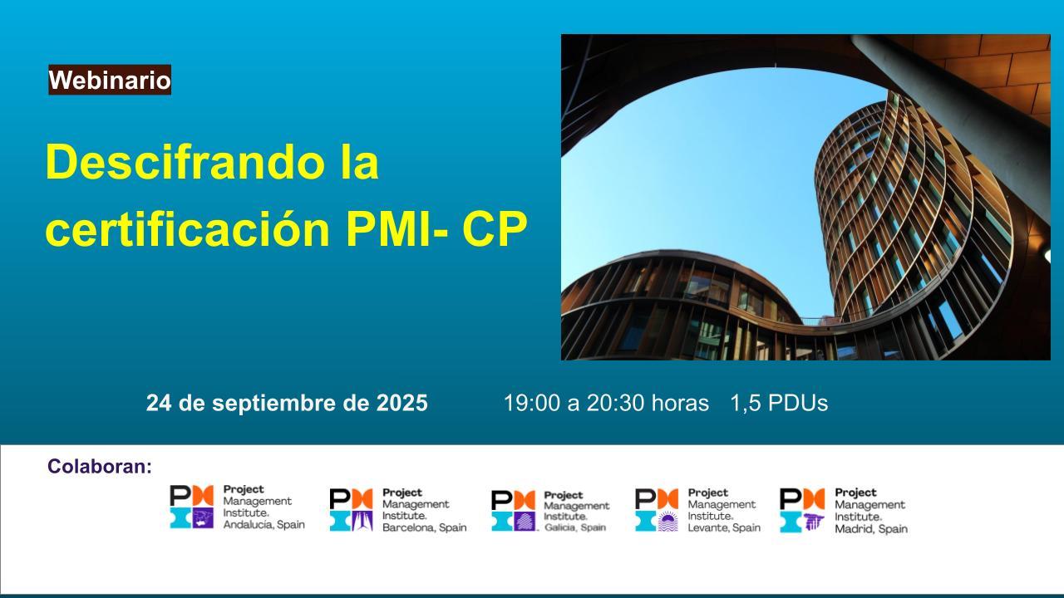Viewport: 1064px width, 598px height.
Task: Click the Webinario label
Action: coord(110,81)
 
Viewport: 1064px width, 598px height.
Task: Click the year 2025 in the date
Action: coord(402,404)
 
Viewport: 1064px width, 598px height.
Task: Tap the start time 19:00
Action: coord(531,404)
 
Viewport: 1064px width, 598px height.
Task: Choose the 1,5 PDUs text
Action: coord(779,404)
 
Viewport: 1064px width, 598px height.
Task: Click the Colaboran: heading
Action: coord(100,467)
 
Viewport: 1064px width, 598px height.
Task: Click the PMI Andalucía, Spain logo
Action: coord(237,507)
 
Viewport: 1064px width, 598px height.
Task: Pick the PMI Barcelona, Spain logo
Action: coord(398,510)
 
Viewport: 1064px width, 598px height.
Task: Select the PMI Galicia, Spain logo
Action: coord(550,511)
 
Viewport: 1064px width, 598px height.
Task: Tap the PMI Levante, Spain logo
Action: coord(697,510)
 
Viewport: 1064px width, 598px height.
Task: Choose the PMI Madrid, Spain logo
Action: coord(844,510)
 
